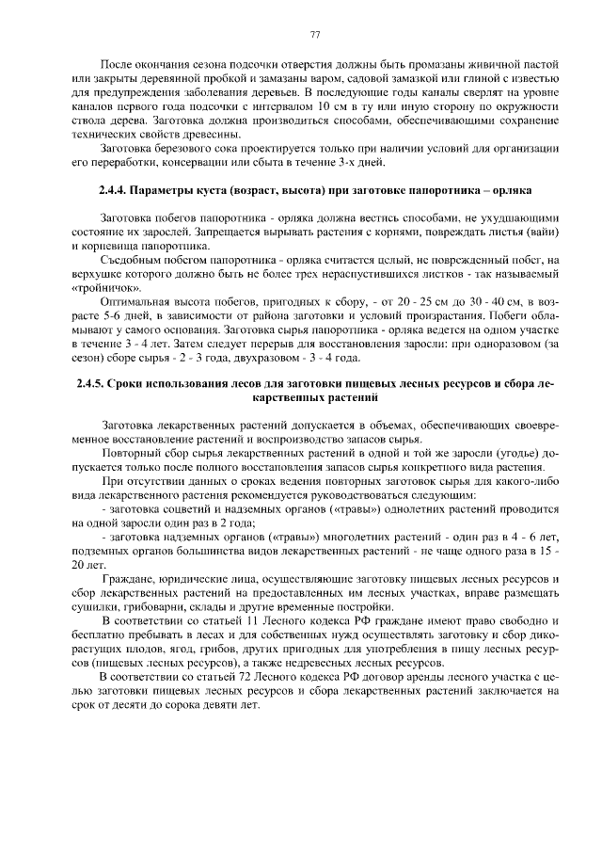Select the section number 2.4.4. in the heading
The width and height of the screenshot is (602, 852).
(x=116, y=188)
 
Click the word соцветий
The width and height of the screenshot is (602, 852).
(x=166, y=509)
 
